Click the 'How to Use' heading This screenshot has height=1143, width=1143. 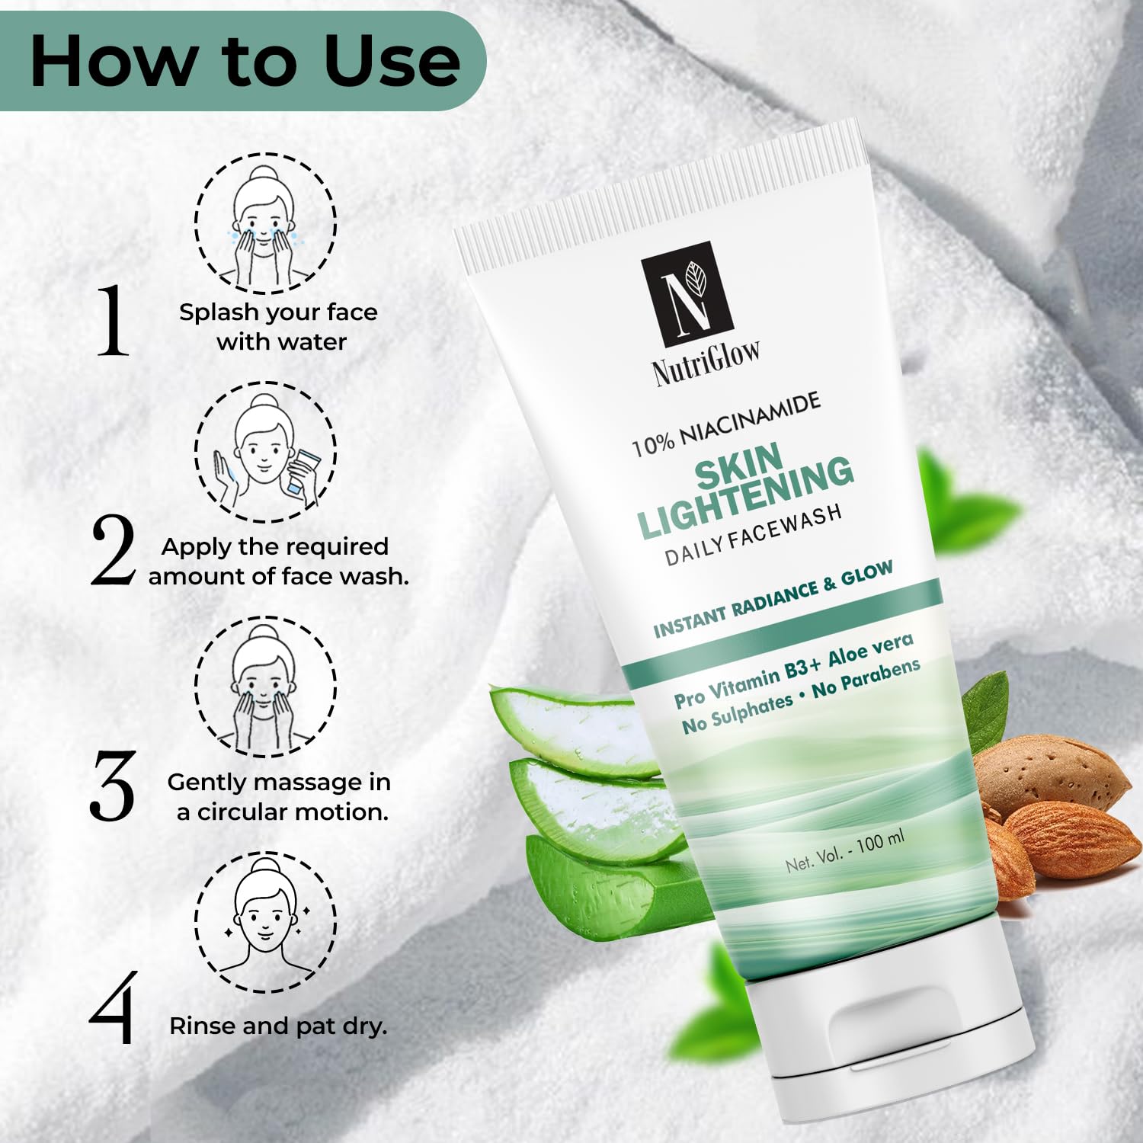pos(245,60)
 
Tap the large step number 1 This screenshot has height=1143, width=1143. pos(113,319)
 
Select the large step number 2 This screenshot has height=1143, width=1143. pos(112,550)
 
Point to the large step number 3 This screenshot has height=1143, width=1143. pos(112,786)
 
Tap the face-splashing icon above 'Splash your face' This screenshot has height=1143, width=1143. pos(265,223)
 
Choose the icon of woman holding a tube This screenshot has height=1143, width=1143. pos(266,452)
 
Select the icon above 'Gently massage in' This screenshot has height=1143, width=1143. pos(266,687)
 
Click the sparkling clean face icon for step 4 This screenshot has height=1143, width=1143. pos(266,921)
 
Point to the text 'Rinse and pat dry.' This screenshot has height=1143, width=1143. pos(278,1026)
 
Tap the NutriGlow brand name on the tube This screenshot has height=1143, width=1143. pos(706,363)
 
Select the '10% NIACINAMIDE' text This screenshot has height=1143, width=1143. pos(726,424)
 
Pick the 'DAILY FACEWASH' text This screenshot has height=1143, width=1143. pos(754,535)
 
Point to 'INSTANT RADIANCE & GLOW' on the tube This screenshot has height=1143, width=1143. pos(773,599)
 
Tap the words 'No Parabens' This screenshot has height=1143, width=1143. pos(866,678)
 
